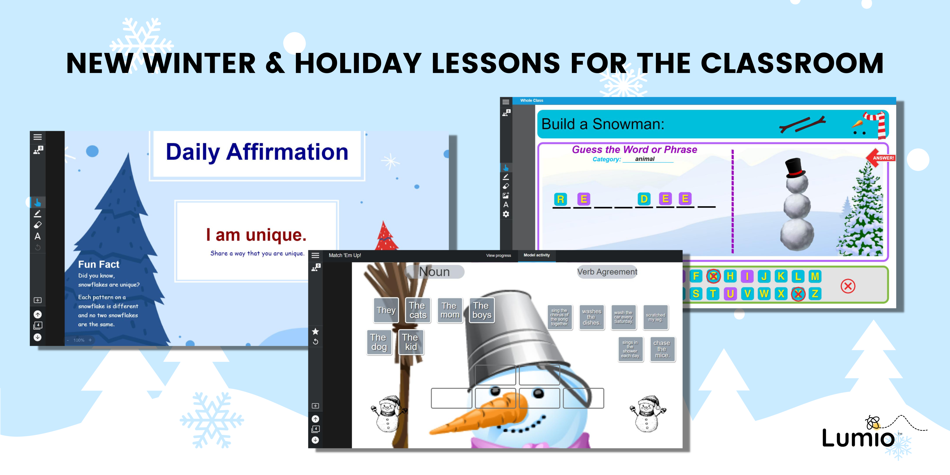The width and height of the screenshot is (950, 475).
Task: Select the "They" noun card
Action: coord(386,310)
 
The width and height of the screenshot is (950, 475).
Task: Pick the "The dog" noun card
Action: coord(379,342)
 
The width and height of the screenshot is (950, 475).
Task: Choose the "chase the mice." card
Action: coord(662,349)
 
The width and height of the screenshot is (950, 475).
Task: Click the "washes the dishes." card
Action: coord(591,317)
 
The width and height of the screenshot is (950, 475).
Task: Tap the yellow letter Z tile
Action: coord(815,294)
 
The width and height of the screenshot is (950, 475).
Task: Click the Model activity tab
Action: coord(537,255)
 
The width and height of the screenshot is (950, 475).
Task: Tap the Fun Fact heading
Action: coord(99,264)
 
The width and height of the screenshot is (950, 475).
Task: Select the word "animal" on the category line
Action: coord(645,159)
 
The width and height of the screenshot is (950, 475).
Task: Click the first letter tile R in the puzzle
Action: coord(560,199)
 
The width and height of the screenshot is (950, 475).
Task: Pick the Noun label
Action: coord(435,272)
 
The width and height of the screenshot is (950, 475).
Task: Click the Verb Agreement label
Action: coord(607,272)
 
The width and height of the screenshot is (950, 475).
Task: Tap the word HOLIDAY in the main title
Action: coord(358,64)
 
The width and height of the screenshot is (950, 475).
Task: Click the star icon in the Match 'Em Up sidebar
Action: coord(315,331)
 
